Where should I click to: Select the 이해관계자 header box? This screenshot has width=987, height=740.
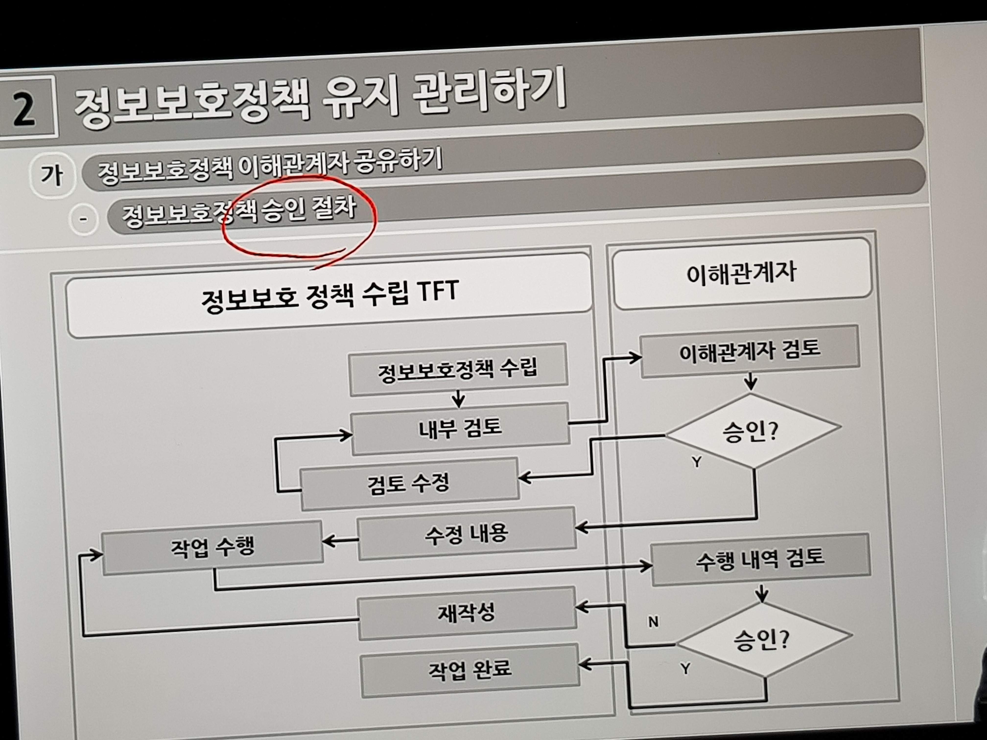click(x=741, y=273)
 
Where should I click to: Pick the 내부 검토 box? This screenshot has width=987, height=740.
click(x=460, y=428)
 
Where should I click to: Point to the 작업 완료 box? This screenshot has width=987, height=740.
click(x=470, y=669)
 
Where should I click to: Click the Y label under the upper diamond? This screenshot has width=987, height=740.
click(x=696, y=462)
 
